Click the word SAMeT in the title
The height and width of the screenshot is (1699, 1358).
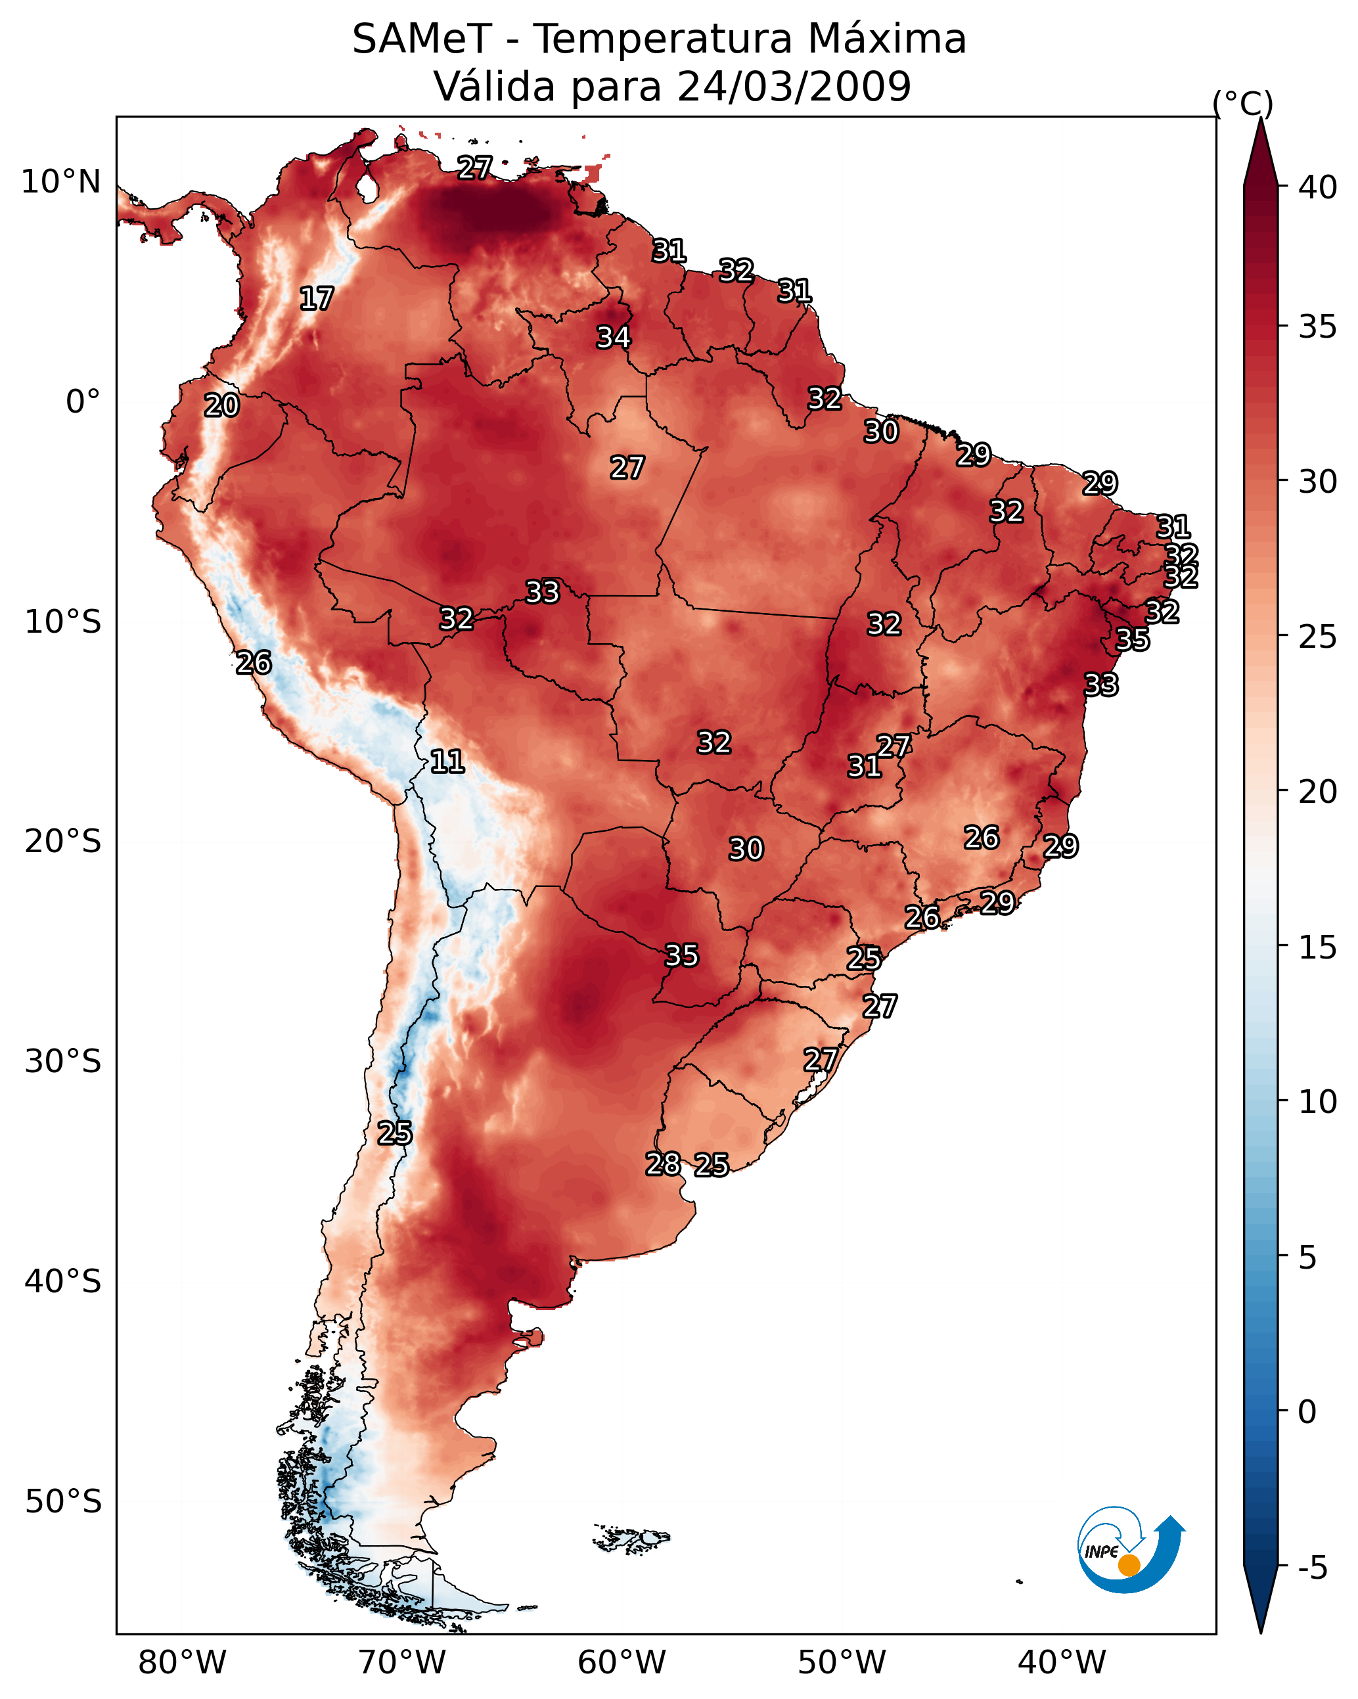point(422,39)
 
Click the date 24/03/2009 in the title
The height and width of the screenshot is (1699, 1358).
point(794,87)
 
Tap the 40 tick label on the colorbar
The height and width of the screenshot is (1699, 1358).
point(1318,187)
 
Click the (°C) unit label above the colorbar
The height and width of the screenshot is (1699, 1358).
point(1243,103)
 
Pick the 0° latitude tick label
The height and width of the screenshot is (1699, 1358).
point(83,402)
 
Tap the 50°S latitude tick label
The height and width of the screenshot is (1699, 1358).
point(63,1501)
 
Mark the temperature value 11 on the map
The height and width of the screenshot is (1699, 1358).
point(447,762)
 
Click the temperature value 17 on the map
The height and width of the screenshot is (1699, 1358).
point(317,299)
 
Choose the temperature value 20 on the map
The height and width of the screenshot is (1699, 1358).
point(222,406)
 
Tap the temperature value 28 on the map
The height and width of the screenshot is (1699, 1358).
point(664,1164)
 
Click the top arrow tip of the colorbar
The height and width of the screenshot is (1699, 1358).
point(1260,118)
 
